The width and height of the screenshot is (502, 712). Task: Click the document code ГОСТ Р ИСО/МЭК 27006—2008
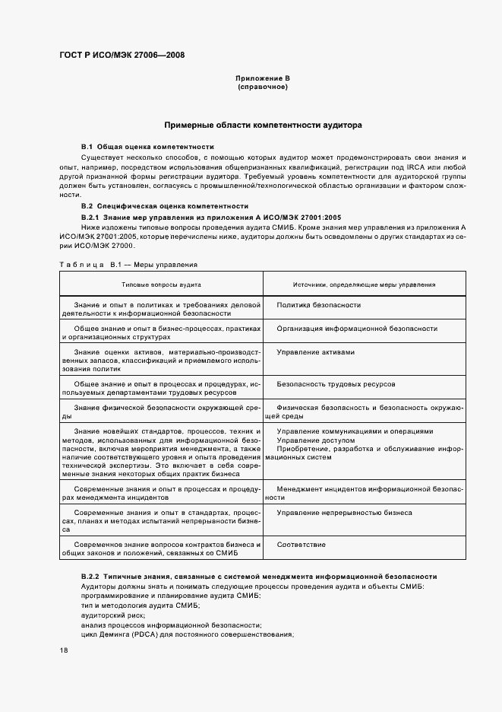click(122, 55)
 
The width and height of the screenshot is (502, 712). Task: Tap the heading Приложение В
click(263, 78)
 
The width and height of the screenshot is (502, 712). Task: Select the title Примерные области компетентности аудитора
click(263, 124)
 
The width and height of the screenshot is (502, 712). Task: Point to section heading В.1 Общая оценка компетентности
click(147, 146)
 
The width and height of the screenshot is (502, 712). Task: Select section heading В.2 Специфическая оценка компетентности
click(165, 206)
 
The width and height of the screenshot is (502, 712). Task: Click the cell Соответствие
click(302, 545)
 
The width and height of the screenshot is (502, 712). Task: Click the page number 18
click(63, 650)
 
